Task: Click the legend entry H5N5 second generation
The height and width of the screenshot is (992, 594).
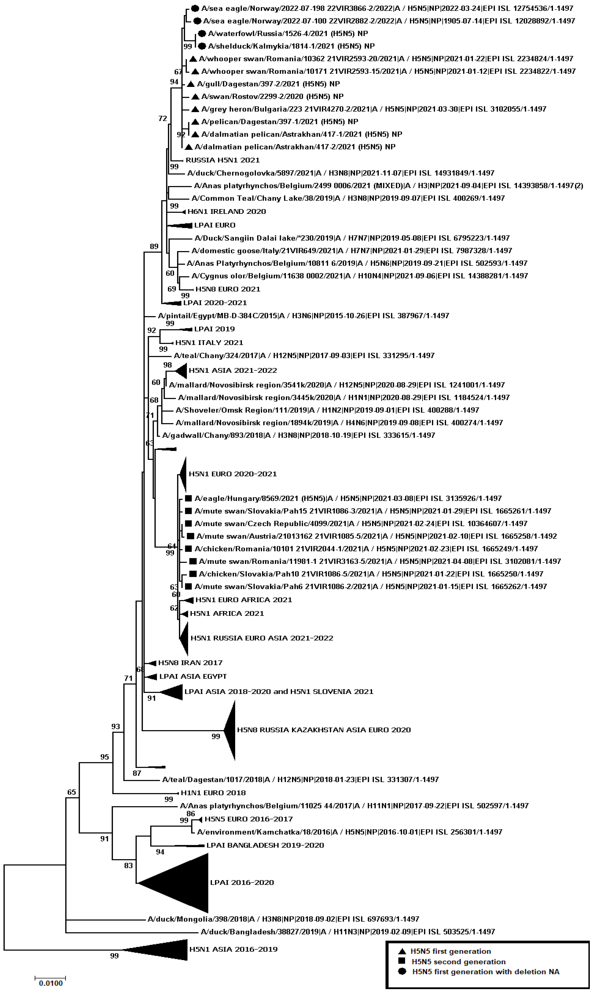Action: (458, 962)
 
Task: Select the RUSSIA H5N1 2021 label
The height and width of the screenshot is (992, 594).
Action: (223, 160)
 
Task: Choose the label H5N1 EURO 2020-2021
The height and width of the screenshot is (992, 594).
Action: (232, 474)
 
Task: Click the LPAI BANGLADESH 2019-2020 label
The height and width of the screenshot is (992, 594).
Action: (265, 845)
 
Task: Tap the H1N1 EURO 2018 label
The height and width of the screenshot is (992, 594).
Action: (213, 793)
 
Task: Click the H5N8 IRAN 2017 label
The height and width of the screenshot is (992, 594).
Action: (190, 663)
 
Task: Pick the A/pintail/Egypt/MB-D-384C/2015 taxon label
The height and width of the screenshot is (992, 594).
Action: (303, 316)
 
